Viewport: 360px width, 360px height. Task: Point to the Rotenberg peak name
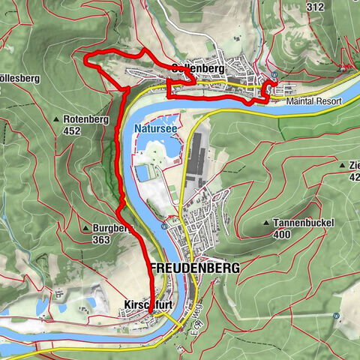click(x=86, y=119)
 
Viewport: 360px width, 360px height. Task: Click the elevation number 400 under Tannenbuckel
click(x=282, y=234)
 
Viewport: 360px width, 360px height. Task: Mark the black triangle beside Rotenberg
click(x=58, y=119)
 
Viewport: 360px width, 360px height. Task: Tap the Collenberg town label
click(x=198, y=68)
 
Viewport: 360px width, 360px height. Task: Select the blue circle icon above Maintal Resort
click(x=274, y=75)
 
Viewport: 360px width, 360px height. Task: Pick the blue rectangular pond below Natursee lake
click(x=142, y=174)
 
